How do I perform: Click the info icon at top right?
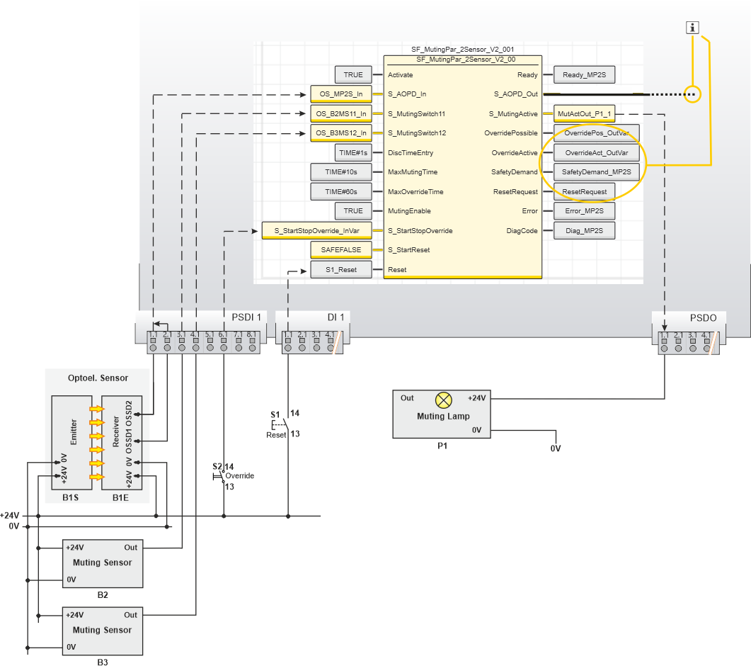(x=693, y=28)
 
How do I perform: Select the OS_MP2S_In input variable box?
(x=340, y=94)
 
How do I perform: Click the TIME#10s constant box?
(x=340, y=172)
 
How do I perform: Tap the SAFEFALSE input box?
(x=340, y=250)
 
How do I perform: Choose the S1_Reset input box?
(x=340, y=270)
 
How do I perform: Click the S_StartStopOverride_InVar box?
(x=316, y=231)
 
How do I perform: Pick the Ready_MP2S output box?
(x=584, y=75)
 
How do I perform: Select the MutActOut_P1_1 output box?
(x=584, y=113)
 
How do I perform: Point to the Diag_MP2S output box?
(x=584, y=231)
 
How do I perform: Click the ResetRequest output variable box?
(x=584, y=192)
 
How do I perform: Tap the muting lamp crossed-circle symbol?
(x=443, y=400)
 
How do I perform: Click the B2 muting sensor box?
(x=103, y=563)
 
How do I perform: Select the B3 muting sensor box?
(x=103, y=631)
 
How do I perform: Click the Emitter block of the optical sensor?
(x=72, y=443)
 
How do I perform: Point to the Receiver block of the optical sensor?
(x=122, y=443)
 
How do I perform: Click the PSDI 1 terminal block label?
(x=246, y=317)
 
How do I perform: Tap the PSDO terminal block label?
(x=703, y=317)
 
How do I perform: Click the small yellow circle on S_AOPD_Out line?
(x=693, y=94)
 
